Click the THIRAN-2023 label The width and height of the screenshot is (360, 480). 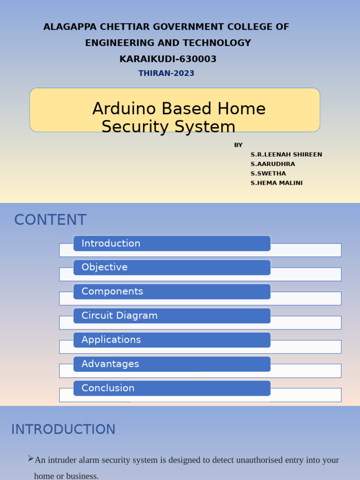point(166,73)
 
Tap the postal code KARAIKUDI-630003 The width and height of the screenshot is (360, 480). point(168,59)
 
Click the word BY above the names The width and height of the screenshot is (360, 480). point(238,145)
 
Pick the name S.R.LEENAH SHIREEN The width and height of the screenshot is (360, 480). point(286,155)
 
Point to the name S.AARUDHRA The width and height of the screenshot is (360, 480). point(273,164)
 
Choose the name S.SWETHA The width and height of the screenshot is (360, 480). point(268,173)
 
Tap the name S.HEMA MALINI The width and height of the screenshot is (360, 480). point(277,183)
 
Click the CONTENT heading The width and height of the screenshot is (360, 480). point(50,220)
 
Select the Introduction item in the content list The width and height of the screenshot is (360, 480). point(111,243)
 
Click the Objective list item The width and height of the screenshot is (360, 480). point(105,267)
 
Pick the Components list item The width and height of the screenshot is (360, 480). point(112,291)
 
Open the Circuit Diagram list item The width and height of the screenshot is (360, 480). point(120,315)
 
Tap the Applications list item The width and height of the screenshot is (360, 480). point(111,339)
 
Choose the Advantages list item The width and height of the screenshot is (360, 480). point(110,364)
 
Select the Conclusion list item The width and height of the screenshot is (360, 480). point(108,388)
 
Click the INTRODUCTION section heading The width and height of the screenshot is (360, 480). point(63,429)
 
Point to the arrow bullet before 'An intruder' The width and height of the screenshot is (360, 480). point(30,458)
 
